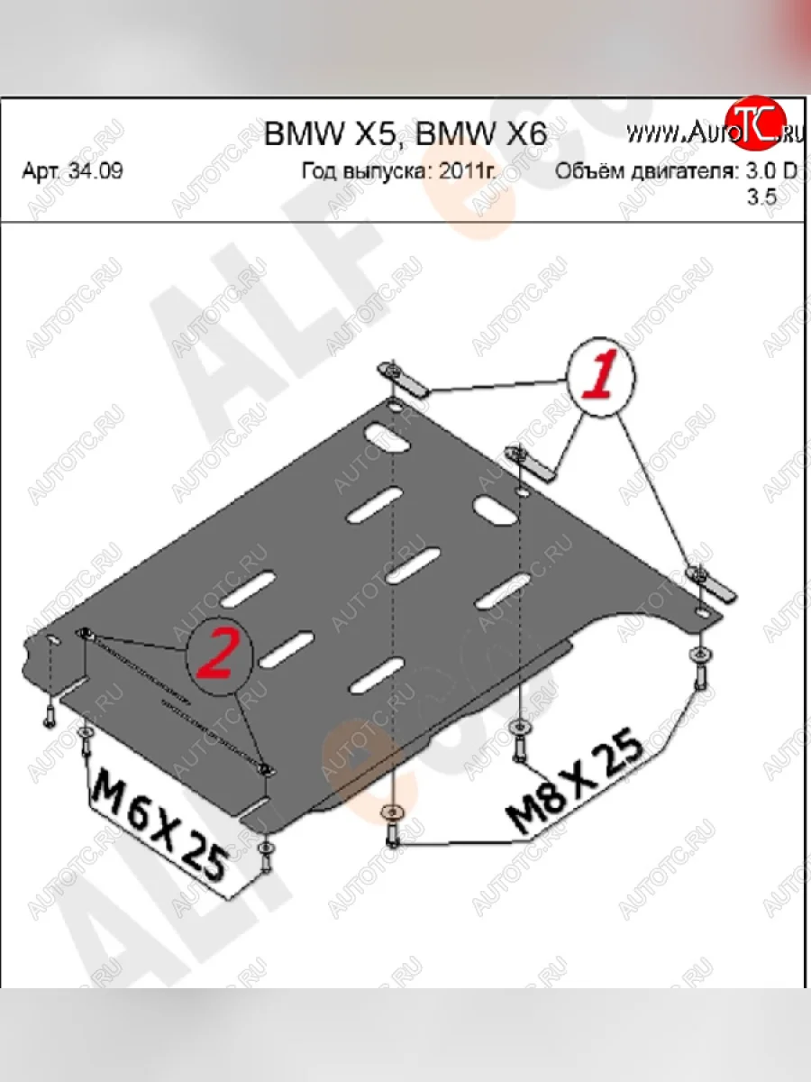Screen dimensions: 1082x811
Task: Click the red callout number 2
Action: click(x=216, y=655)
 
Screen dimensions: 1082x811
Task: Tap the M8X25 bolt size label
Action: click(x=578, y=781)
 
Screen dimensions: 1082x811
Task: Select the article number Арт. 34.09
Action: click(x=72, y=171)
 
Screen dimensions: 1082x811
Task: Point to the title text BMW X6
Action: click(x=481, y=134)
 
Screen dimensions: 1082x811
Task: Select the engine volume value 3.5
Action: click(x=761, y=200)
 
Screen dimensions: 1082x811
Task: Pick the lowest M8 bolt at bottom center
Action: click(x=393, y=825)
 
